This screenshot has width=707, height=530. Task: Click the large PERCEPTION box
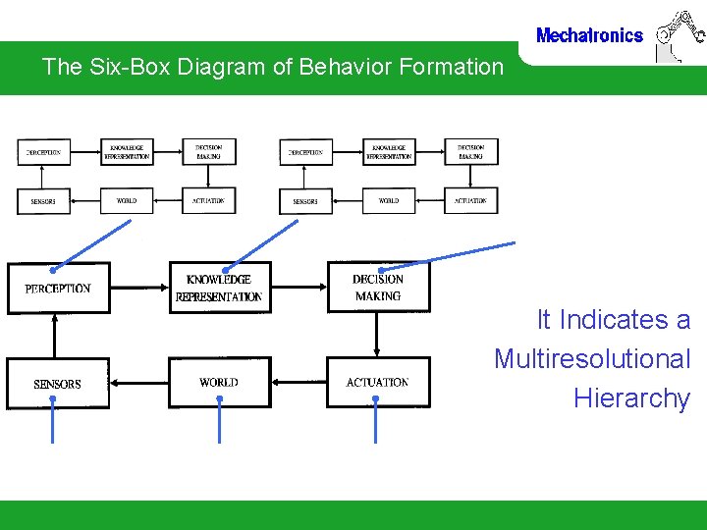[x=58, y=288]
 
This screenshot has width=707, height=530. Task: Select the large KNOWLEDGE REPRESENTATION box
[x=219, y=288]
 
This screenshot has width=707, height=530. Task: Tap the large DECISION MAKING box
[x=378, y=287]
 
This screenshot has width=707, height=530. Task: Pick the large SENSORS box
[x=57, y=383]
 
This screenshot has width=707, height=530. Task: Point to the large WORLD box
[x=218, y=382]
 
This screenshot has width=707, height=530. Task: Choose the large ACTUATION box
[x=378, y=382]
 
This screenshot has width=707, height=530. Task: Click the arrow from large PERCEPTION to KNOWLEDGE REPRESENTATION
[x=139, y=289]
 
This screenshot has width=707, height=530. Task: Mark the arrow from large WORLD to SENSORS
[x=137, y=383]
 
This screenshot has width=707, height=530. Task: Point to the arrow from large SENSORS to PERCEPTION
[x=55, y=334]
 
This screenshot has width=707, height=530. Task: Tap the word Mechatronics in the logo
[x=589, y=36]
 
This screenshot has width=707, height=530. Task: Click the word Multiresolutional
[x=592, y=359]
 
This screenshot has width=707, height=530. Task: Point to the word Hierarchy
[x=631, y=398]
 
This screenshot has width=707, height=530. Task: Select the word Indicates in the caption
[x=613, y=320]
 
